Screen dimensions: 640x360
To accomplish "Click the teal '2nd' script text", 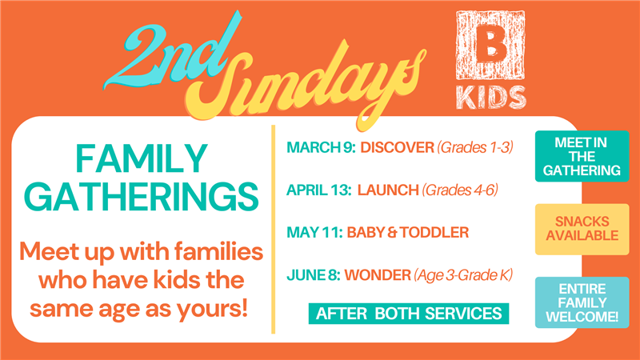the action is point(171,53).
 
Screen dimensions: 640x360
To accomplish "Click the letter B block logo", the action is point(490,45).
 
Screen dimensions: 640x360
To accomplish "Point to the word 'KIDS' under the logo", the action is point(490,98).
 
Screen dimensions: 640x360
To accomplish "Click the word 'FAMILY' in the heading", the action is point(142,158).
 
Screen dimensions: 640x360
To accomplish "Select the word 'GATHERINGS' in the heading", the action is point(142,196).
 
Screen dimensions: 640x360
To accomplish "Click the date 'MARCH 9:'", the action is point(321,147).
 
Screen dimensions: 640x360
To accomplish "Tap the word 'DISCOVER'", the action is point(397,147).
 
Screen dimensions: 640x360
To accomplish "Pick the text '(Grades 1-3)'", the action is point(475,147).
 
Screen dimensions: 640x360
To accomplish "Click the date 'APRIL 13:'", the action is point(318,190).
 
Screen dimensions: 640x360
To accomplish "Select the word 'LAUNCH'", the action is point(388,190).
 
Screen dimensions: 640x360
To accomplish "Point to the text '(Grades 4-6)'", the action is point(460,190).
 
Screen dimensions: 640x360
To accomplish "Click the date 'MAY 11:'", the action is point(314,232).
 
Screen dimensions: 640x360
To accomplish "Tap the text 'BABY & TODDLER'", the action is point(408,232).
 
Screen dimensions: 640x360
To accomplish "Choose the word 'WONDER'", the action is point(378,275).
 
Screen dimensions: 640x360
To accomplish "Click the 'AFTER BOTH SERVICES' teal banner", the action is point(409,314).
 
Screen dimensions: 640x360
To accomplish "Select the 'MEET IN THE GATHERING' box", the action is point(582,156).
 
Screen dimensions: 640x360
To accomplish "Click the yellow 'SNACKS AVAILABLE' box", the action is point(582,229).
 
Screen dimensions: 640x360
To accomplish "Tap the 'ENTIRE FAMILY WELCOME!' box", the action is point(582,302).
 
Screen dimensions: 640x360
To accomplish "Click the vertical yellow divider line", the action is point(273,230).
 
